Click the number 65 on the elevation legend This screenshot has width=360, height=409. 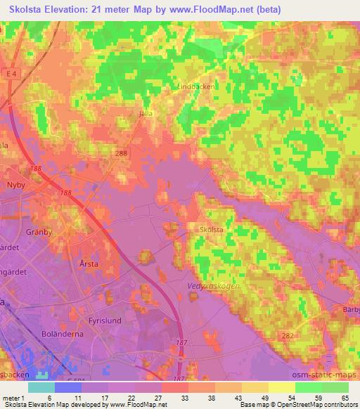(345, 397)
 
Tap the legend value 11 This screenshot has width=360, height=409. (78, 397)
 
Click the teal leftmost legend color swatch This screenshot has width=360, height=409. (41, 387)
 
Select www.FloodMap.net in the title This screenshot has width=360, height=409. (200, 8)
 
